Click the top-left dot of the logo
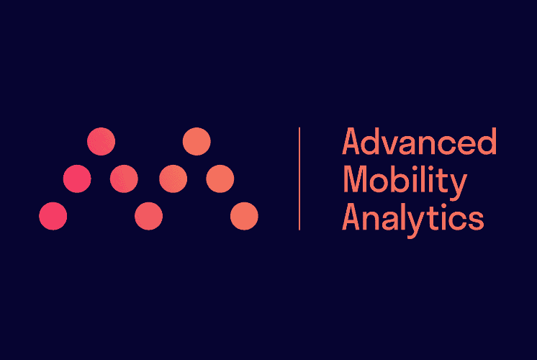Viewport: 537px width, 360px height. (101, 141)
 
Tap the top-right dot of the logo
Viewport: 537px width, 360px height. (197, 141)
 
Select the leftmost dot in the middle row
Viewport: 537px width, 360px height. (77, 179)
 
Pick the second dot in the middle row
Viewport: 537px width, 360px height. (124, 179)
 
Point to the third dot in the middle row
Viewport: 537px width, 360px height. (173, 179)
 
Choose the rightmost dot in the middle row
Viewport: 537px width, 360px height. (220, 179)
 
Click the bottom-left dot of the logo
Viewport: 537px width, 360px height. (53, 216)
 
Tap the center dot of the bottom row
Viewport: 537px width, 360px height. (148, 216)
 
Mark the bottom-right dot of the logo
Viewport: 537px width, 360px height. (244, 216)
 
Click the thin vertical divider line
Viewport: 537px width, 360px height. (299, 179)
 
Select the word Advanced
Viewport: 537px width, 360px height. (419, 141)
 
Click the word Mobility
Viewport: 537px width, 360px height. (405, 182)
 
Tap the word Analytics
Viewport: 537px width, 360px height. (413, 219)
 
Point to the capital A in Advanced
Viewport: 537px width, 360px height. (351, 141)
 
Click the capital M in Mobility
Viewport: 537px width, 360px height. (354, 179)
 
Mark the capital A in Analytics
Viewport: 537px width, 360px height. (351, 217)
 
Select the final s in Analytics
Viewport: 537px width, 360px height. (476, 220)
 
